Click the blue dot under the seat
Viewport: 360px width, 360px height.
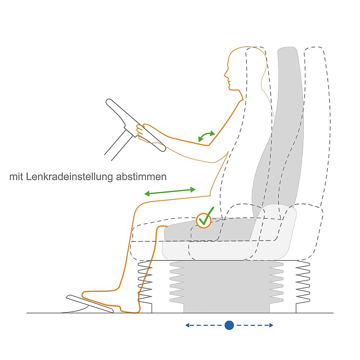[x=229, y=325]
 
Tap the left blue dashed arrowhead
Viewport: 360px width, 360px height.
[x=187, y=325]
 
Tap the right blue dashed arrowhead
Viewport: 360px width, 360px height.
[x=271, y=325]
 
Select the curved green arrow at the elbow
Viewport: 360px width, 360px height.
[x=206, y=136]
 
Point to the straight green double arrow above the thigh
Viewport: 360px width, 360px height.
[x=170, y=192]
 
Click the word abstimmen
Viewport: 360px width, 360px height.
[x=141, y=177]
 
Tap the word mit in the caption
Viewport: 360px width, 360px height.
[x=16, y=177]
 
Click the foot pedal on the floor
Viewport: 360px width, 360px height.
[x=90, y=303]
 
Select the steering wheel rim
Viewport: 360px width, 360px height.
[x=136, y=125]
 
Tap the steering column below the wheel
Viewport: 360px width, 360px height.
[x=119, y=145]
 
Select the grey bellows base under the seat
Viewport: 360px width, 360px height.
[x=226, y=286]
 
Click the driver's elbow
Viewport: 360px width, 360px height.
[x=208, y=145]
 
